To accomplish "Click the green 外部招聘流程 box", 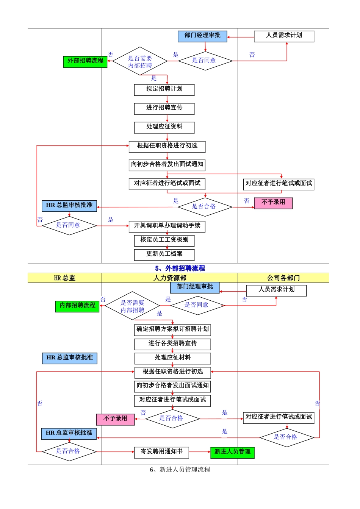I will [85, 61].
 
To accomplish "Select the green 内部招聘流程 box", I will [77, 306].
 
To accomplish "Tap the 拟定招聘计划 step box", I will [164, 89].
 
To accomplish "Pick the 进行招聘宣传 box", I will [164, 108].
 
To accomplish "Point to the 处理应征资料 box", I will [164, 127].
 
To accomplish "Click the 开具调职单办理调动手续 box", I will [167, 226].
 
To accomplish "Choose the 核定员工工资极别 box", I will [164, 240].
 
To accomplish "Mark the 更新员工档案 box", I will [164, 254].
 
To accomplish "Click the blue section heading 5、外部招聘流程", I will [180, 268].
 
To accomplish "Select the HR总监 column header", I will [64, 278].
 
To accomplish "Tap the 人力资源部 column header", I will [169, 278].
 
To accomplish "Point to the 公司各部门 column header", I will [283, 278].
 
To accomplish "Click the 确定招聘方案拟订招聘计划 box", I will [172, 329].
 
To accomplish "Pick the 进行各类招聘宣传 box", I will [172, 344].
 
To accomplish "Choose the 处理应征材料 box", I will [172, 358].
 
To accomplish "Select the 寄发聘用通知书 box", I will [161, 452].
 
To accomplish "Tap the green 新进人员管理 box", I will [232, 452].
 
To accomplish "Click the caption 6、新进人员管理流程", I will [180, 470].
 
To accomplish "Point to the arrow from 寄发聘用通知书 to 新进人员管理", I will [200, 452].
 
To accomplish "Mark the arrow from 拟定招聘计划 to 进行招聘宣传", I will [167, 99].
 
